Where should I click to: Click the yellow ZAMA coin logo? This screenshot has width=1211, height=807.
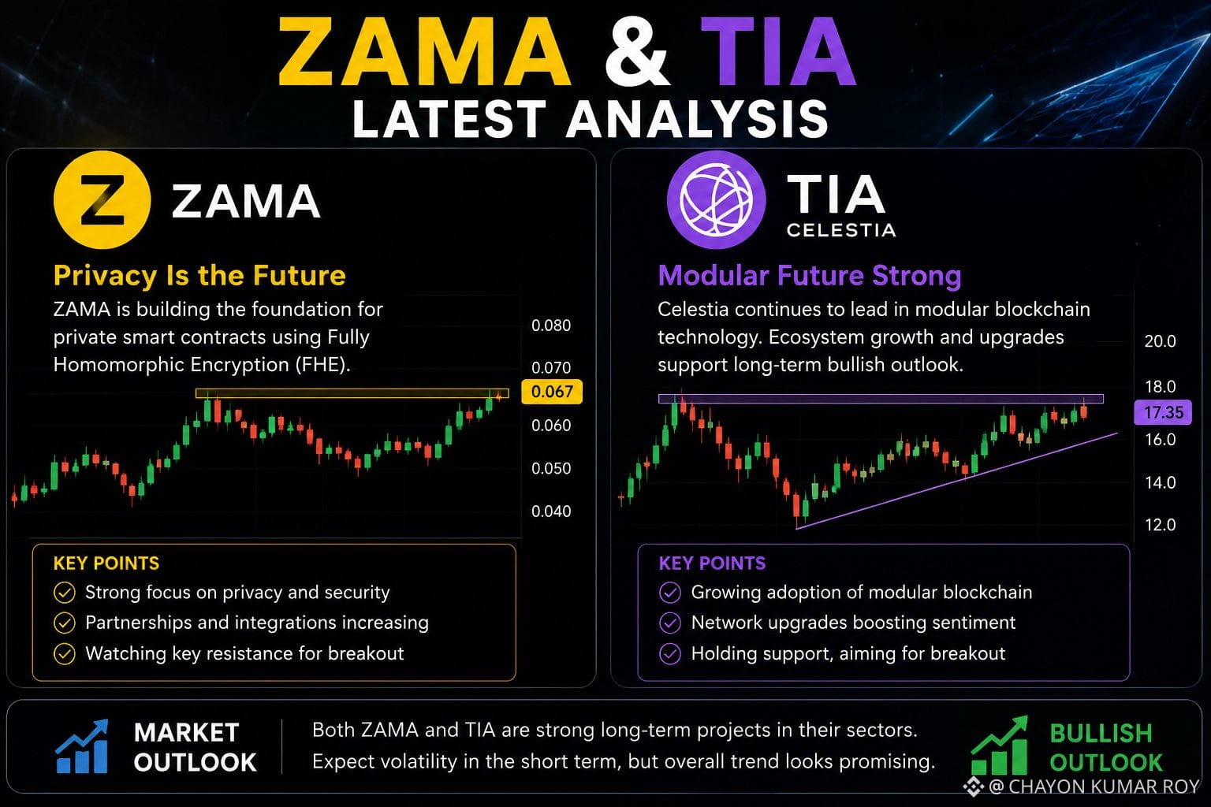[102, 200]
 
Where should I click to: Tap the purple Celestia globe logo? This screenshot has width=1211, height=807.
[716, 199]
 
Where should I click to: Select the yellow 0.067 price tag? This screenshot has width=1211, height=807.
[551, 392]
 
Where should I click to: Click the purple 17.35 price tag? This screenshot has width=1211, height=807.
[1163, 412]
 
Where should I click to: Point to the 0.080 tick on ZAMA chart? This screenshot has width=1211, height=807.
[551, 325]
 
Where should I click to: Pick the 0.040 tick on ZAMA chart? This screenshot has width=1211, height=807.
[551, 511]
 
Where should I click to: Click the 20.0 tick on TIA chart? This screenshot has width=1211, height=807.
[1161, 341]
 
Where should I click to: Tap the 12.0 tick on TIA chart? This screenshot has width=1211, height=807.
[1161, 524]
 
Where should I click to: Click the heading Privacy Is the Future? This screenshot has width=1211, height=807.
[199, 276]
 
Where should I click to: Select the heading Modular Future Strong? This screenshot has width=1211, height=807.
[810, 276]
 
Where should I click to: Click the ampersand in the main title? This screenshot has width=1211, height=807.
[636, 52]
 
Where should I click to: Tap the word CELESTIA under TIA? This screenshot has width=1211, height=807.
[841, 230]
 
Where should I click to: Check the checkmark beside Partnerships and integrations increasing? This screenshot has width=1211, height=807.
[65, 623]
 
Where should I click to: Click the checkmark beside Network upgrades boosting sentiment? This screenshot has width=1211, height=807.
[670, 623]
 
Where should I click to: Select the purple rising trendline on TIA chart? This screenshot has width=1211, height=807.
[956, 481]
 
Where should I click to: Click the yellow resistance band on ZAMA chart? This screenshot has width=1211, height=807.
[352, 393]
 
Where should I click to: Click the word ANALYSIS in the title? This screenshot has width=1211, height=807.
[697, 118]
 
